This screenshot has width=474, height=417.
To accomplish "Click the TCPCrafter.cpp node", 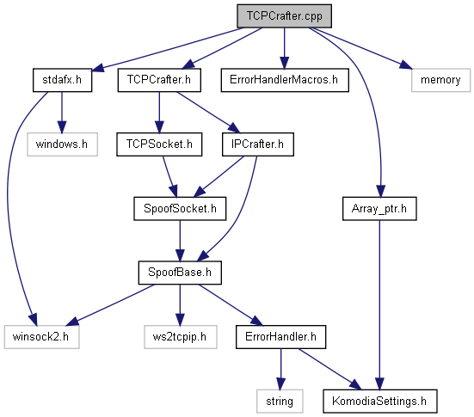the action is click(x=284, y=16).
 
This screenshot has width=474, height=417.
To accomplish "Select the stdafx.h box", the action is click(x=62, y=80).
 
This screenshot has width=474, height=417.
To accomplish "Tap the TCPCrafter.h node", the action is click(x=159, y=80).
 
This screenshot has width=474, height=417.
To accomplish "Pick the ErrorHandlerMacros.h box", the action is click(x=285, y=80).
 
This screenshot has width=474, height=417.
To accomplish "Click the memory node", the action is click(x=440, y=80).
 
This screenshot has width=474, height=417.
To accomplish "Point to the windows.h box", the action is click(x=62, y=144).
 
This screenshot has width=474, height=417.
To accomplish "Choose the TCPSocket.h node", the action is click(x=159, y=144).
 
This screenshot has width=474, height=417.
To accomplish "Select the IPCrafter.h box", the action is click(x=258, y=144).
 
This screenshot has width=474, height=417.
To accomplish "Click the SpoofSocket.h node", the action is click(x=180, y=209).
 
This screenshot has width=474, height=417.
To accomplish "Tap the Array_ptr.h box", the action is click(x=379, y=209).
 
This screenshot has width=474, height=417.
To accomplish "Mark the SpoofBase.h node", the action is click(x=180, y=273).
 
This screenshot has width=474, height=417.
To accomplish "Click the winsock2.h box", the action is click(x=41, y=337).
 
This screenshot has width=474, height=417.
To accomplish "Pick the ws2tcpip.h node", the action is click(x=181, y=337).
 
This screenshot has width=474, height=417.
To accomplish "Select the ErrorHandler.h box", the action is click(x=280, y=337).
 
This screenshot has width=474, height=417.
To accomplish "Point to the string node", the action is click(x=280, y=402).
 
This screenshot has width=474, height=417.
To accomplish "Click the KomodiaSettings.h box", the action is click(x=379, y=402).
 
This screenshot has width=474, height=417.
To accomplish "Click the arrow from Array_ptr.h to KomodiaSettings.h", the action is click(x=379, y=305).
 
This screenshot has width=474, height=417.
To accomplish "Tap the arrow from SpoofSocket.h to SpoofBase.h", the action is click(x=180, y=241).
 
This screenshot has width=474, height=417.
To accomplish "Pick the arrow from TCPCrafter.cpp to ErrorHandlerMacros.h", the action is click(x=284, y=48).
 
